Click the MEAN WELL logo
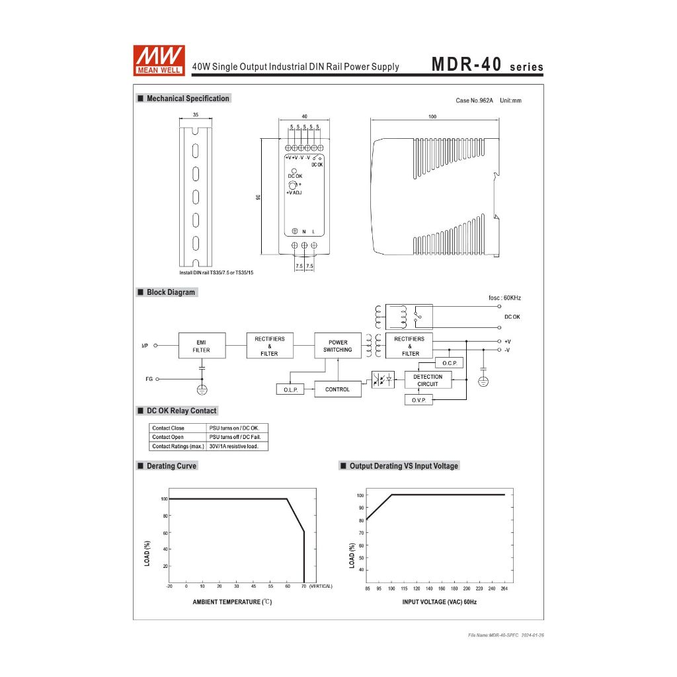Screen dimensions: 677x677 pyautogui.click(x=159, y=60)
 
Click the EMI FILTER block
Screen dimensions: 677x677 pyautogui.click(x=202, y=345)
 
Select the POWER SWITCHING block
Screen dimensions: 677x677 pyautogui.click(x=338, y=345)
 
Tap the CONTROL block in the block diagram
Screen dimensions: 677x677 pyautogui.click(x=338, y=389)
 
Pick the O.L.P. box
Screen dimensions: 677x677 pyautogui.click(x=290, y=389)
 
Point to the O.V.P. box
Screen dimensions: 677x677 pyautogui.click(x=418, y=400)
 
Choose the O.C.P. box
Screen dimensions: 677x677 pyautogui.click(x=449, y=363)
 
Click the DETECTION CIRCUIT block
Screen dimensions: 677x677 pyautogui.click(x=428, y=380)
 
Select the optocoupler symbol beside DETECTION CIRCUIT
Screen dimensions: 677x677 pyautogui.click(x=383, y=379)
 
